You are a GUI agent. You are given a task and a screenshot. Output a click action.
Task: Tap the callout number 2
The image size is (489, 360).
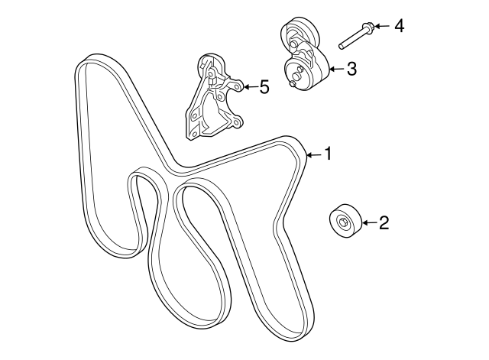tap(384, 222)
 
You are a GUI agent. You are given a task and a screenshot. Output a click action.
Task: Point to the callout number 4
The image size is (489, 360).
tap(398, 27)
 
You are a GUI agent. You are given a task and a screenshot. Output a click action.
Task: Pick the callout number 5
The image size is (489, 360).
tap(264, 87)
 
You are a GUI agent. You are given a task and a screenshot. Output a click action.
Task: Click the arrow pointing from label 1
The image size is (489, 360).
tap(312, 155)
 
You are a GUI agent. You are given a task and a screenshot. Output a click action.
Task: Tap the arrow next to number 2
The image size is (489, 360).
tap(368, 222)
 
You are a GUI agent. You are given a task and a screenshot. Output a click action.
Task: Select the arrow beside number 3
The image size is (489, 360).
tap(335, 70)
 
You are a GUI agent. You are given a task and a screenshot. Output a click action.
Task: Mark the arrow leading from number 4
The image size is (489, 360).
tap(381, 27)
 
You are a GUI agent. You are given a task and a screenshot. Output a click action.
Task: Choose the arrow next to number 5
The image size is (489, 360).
tap(248, 87)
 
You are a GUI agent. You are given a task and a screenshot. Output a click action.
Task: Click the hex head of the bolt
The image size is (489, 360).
tap(368, 28)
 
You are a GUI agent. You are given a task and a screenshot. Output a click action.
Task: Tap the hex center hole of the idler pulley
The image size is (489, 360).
tap(342, 224)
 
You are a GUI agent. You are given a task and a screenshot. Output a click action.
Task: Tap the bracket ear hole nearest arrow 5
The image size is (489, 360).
tap(237, 86)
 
